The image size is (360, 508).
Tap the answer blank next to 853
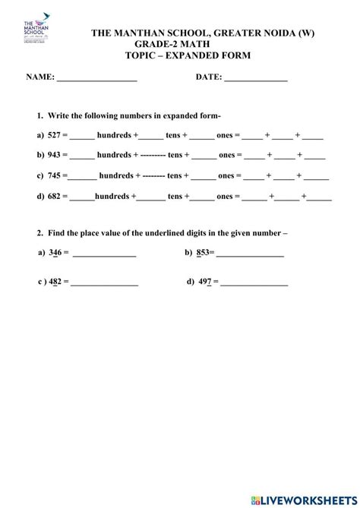tap(250, 255)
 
